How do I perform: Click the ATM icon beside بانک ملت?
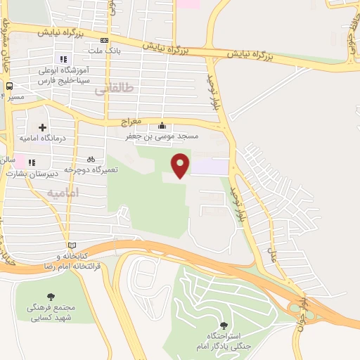[104, 40]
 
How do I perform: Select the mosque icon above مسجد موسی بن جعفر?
[162, 125]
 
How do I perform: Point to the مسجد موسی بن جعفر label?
[162, 136]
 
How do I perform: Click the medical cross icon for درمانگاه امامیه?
[43, 128]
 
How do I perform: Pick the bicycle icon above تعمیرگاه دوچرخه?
[91, 159]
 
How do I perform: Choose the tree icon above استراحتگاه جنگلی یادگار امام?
[224, 325]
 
